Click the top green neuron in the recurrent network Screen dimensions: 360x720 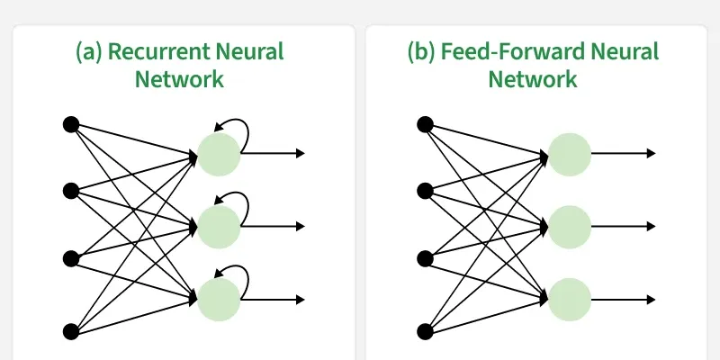pyautogui.click(x=219, y=153)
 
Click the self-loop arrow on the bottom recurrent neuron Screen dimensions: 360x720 pyautogui.click(x=231, y=268)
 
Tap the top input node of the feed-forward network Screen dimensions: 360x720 pyautogui.click(x=425, y=123)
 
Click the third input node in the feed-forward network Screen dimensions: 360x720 pyautogui.click(x=425, y=259)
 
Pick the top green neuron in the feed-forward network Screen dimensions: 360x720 pyautogui.click(x=570, y=153)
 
